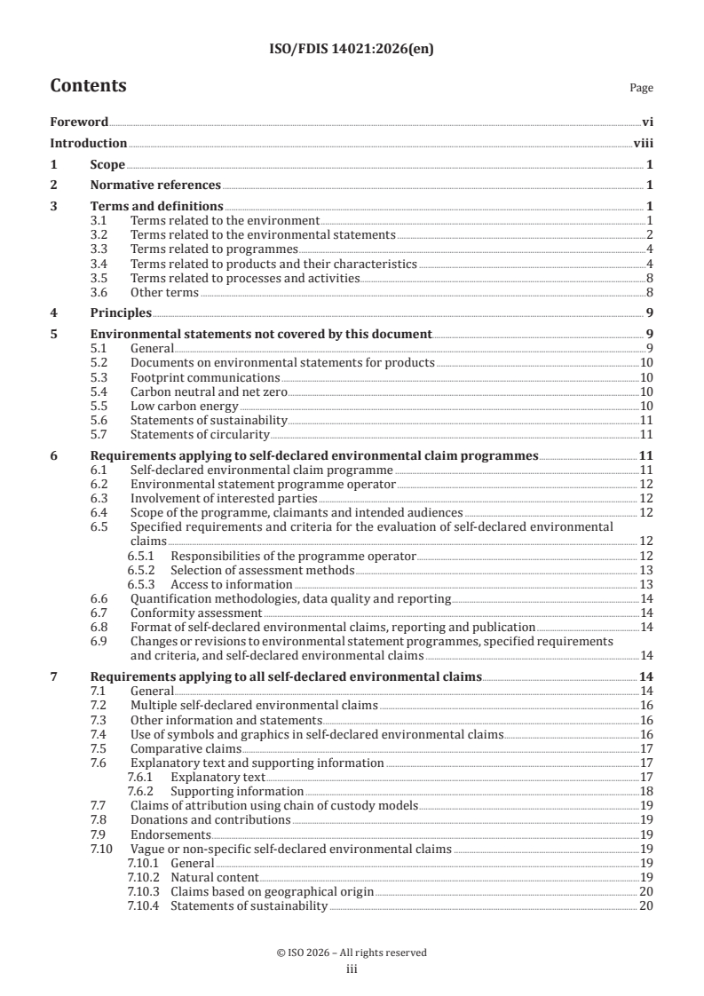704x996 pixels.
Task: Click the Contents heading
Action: click(x=88, y=86)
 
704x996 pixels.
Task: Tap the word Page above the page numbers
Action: click(x=641, y=88)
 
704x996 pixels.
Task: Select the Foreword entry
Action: click(x=79, y=122)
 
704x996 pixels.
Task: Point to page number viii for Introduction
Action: click(x=644, y=143)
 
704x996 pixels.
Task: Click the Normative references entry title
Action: click(x=155, y=186)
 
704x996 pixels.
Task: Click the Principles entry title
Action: click(x=121, y=312)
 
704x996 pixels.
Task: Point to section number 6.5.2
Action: click(x=140, y=570)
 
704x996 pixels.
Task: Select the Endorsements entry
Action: click(x=170, y=834)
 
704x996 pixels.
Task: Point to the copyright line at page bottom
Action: click(x=352, y=953)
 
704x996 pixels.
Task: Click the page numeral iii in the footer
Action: click(x=352, y=968)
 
